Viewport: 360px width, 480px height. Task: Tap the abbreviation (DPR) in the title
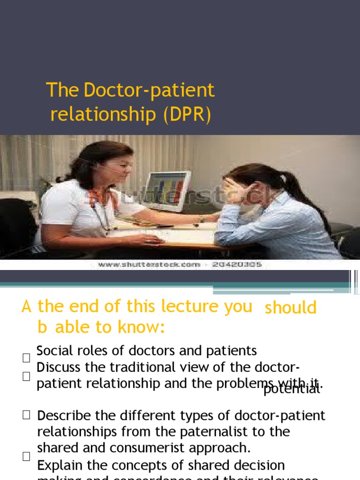[x=188, y=115]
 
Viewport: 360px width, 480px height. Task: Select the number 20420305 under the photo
[x=237, y=265]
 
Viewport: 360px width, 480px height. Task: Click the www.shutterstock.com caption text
[x=149, y=265]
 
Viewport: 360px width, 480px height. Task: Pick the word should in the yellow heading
[x=291, y=308]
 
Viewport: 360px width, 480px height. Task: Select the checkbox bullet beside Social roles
[x=26, y=358]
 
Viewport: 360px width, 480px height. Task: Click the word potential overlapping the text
[x=292, y=389]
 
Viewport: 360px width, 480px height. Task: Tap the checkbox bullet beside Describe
[x=26, y=414]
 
